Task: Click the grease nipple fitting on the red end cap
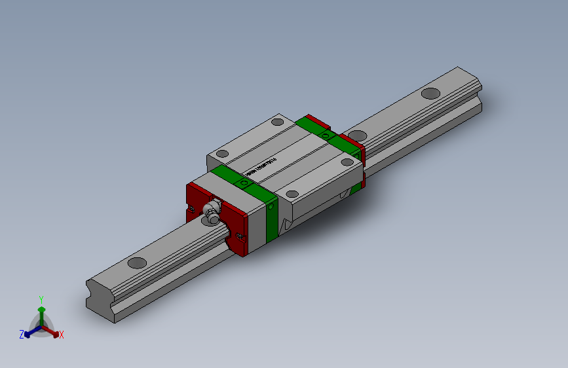pyautogui.click(x=211, y=212)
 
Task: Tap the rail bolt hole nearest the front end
pyautogui.click(x=137, y=263)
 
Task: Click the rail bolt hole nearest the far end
pyautogui.click(x=430, y=93)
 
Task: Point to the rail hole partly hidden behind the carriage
pyautogui.click(x=356, y=135)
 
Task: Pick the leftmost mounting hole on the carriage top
pyautogui.click(x=222, y=155)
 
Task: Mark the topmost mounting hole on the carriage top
pyautogui.click(x=278, y=121)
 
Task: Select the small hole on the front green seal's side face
pyautogui.click(x=271, y=208)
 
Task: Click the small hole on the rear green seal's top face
pyautogui.click(x=327, y=136)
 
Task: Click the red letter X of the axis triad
pyautogui.click(x=61, y=335)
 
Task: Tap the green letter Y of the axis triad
pyautogui.click(x=41, y=298)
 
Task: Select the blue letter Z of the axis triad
pyautogui.click(x=22, y=334)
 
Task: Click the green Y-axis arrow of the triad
pyautogui.click(x=41, y=312)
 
